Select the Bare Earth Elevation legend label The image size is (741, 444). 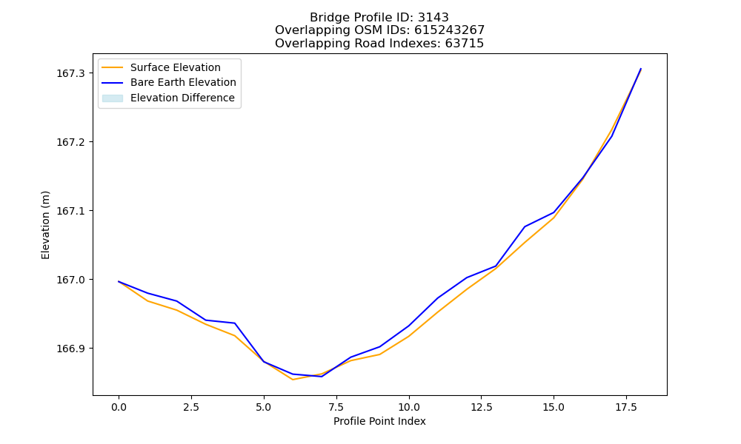[x=183, y=82]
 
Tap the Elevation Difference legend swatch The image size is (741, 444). [x=113, y=98]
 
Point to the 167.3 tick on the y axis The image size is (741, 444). [x=71, y=73]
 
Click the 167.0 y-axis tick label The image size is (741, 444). [x=71, y=280]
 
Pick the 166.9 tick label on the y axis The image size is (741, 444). [x=71, y=349]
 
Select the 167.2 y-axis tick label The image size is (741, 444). [x=71, y=142]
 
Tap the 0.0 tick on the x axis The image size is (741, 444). [x=119, y=407]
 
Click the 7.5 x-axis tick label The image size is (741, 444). [x=336, y=407]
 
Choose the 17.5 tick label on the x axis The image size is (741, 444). [x=626, y=407]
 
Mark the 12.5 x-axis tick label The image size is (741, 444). [x=481, y=407]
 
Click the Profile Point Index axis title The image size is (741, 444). [x=379, y=421]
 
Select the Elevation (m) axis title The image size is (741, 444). [x=45, y=225]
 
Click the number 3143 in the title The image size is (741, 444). [x=433, y=18]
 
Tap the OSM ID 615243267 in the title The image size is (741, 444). [x=450, y=30]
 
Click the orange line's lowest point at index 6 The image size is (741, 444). [x=293, y=380]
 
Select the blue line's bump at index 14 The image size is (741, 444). [x=525, y=227]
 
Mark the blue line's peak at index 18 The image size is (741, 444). [x=641, y=69]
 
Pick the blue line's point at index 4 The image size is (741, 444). [x=235, y=323]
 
